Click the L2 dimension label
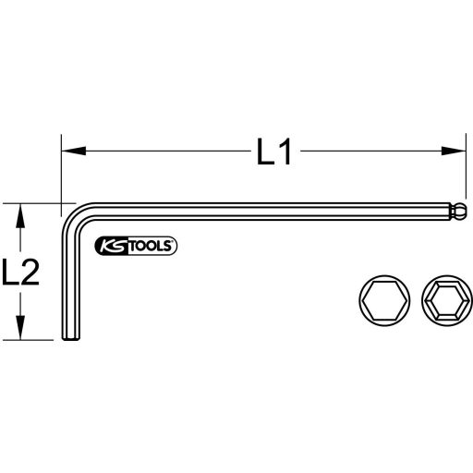pyautogui.click(x=21, y=273)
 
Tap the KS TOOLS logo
pyautogui.click(x=136, y=245)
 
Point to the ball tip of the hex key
pyautogui.click(x=458, y=212)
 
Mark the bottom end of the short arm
pyautogui.click(x=68, y=343)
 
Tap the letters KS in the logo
pyautogui.click(x=110, y=245)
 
